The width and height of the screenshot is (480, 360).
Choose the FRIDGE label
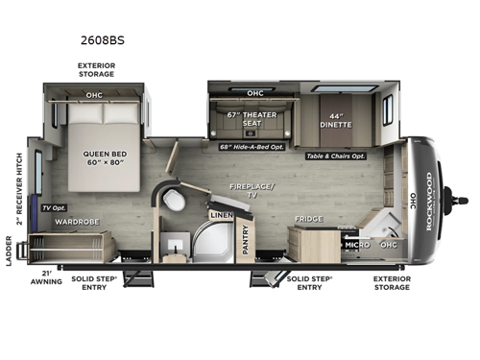tap(308, 219)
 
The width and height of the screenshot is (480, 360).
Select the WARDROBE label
tap(73, 221)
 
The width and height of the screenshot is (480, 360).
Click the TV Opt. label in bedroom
tap(53, 206)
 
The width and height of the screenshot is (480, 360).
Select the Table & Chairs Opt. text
tap(337, 156)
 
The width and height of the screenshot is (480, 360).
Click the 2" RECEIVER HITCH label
tap(17, 188)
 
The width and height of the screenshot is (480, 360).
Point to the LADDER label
tap(17, 252)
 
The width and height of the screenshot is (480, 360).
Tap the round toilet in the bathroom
tap(175, 200)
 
